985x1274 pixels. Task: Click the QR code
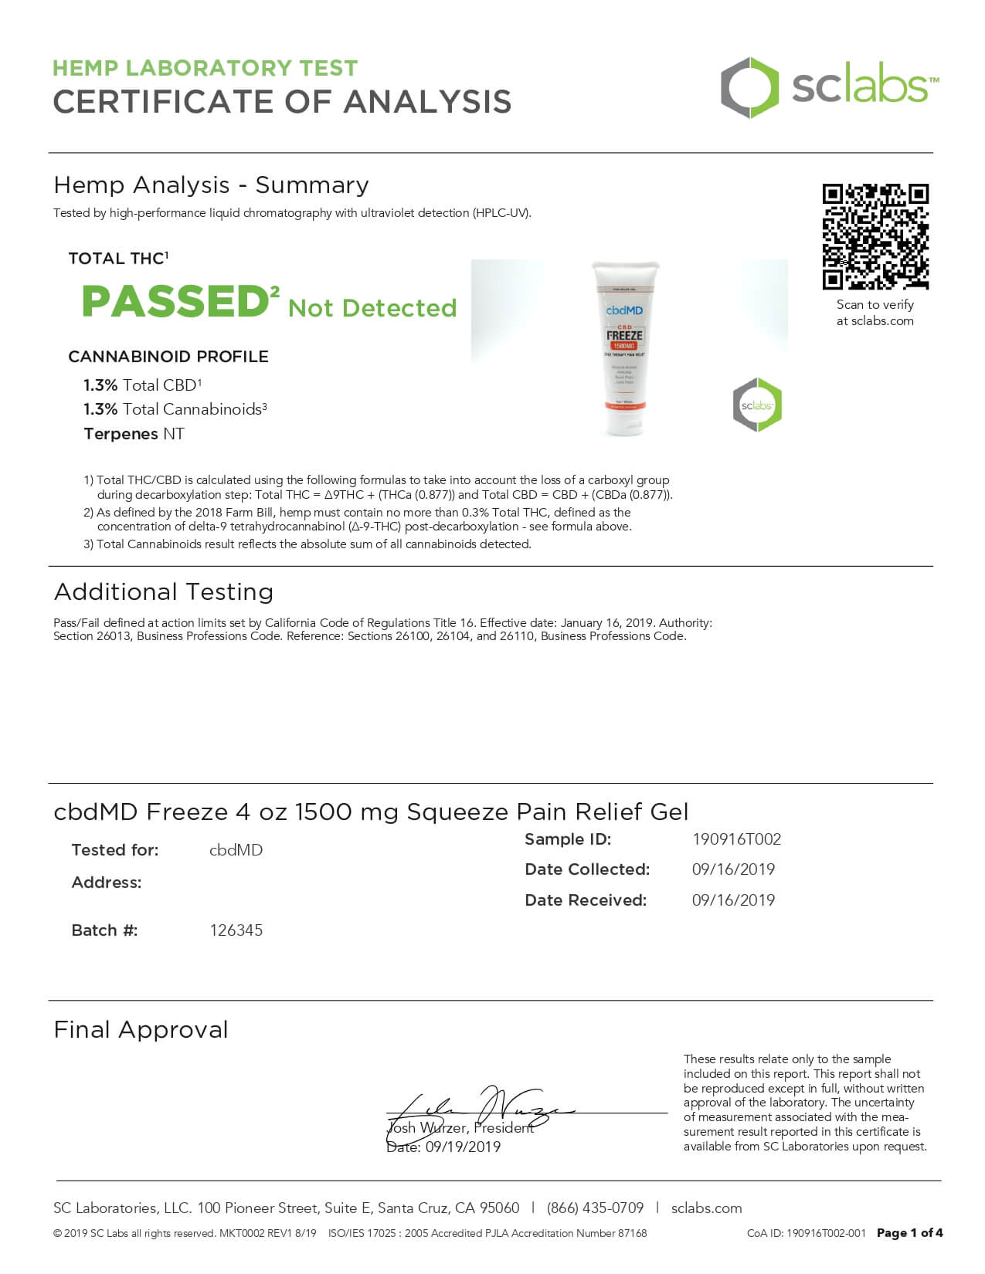point(875,236)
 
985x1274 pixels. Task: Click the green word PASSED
point(175,302)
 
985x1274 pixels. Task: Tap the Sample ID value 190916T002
point(736,839)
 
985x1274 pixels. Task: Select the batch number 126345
point(236,930)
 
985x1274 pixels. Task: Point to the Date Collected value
point(733,869)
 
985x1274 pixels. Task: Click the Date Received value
point(733,900)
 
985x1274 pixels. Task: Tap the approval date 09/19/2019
point(463,1147)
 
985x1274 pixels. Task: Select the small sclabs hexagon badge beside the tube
point(757,405)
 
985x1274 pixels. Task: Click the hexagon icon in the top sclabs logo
point(749,87)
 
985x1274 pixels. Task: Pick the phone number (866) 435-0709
point(595,1208)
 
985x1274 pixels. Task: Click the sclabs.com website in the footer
point(706,1208)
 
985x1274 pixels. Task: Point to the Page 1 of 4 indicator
point(909,1234)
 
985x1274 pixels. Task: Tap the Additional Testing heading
point(164,592)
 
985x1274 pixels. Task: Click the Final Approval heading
point(141,1030)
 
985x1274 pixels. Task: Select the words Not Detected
point(372,308)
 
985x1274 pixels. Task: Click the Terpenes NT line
point(134,434)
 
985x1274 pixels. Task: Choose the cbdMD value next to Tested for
point(236,850)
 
